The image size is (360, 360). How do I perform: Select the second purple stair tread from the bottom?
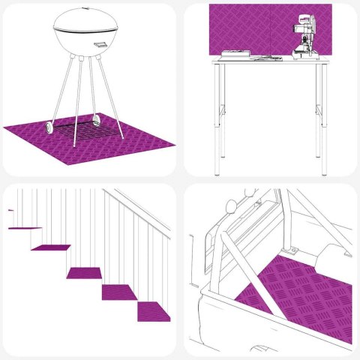pos(118,290)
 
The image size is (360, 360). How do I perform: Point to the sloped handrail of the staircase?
pos(139,214)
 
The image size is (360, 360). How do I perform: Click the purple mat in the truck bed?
pos(307,292)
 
